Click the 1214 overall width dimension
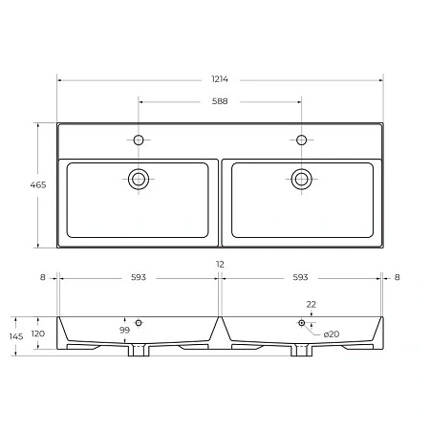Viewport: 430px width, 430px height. pyautogui.click(x=220, y=79)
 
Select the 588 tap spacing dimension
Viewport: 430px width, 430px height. pyautogui.click(x=220, y=101)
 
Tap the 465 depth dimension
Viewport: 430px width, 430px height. pyautogui.click(x=38, y=184)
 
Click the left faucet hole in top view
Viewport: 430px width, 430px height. pyautogui.click(x=139, y=140)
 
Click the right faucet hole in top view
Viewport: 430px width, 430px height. pyautogui.click(x=301, y=140)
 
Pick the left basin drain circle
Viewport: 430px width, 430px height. pyautogui.click(x=139, y=179)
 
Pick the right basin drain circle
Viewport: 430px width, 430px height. pyautogui.click(x=301, y=179)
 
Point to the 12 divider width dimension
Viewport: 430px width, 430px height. pyautogui.click(x=220, y=264)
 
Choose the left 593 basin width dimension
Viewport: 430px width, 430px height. pyautogui.click(x=139, y=277)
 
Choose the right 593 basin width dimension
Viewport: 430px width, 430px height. pyautogui.click(x=300, y=277)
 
